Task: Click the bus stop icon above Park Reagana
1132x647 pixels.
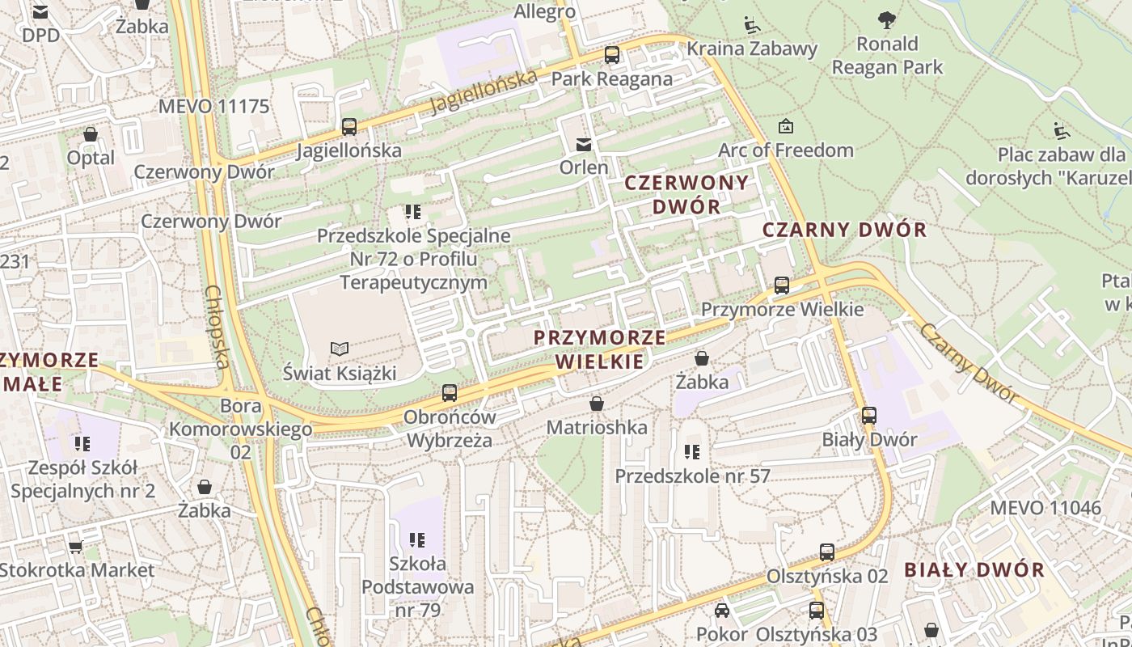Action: click(x=612, y=55)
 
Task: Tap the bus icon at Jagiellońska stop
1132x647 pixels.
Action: click(x=349, y=126)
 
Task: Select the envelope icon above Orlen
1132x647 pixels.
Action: click(x=583, y=145)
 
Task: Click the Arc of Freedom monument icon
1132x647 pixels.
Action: click(x=785, y=126)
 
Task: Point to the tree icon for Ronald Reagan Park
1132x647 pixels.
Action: click(x=887, y=20)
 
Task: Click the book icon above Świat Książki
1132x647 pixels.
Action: click(x=340, y=349)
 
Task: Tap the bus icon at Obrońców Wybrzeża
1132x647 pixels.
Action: click(x=450, y=393)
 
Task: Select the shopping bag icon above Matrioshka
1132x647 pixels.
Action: click(x=597, y=403)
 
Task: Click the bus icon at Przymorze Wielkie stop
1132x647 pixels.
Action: click(x=782, y=285)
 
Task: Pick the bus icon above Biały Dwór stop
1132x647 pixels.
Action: click(x=869, y=416)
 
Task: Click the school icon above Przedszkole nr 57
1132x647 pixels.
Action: click(x=692, y=451)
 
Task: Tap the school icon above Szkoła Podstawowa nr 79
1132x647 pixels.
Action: click(x=417, y=539)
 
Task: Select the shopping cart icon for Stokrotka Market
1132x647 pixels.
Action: click(x=75, y=547)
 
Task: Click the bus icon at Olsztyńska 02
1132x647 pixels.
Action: click(x=826, y=552)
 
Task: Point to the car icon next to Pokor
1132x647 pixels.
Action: click(x=722, y=611)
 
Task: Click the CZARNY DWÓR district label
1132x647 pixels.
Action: click(x=845, y=230)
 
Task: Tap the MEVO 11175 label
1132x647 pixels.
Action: click(x=213, y=106)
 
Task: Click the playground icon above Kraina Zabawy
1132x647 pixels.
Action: click(x=752, y=24)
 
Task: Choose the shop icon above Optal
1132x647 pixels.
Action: click(x=91, y=134)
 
